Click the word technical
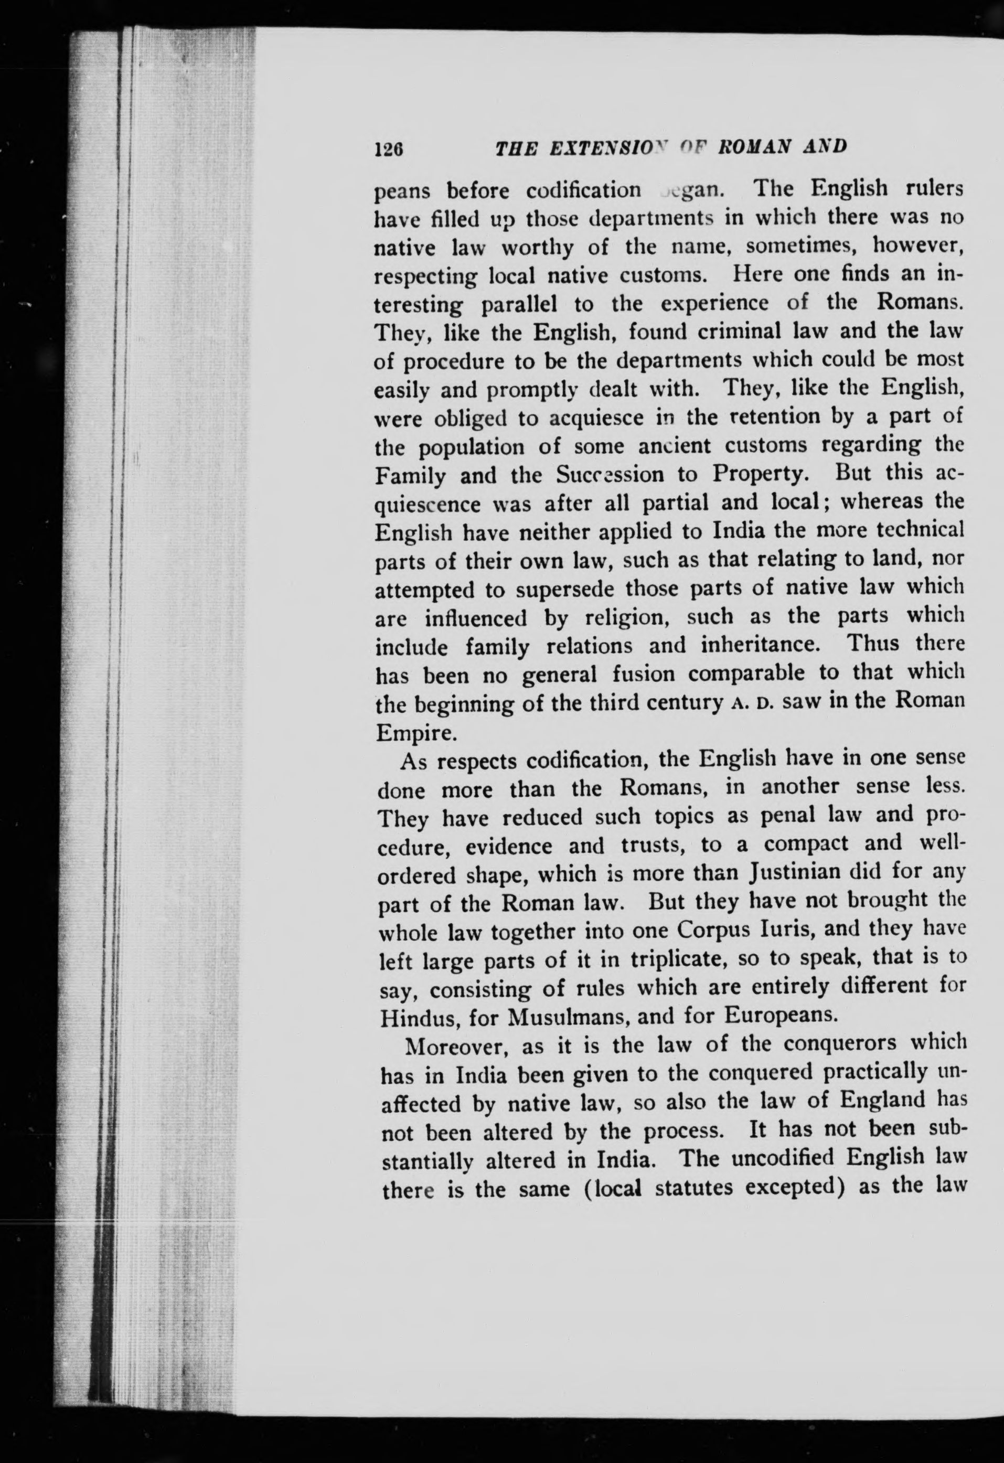click(x=917, y=531)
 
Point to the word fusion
click(x=646, y=674)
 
